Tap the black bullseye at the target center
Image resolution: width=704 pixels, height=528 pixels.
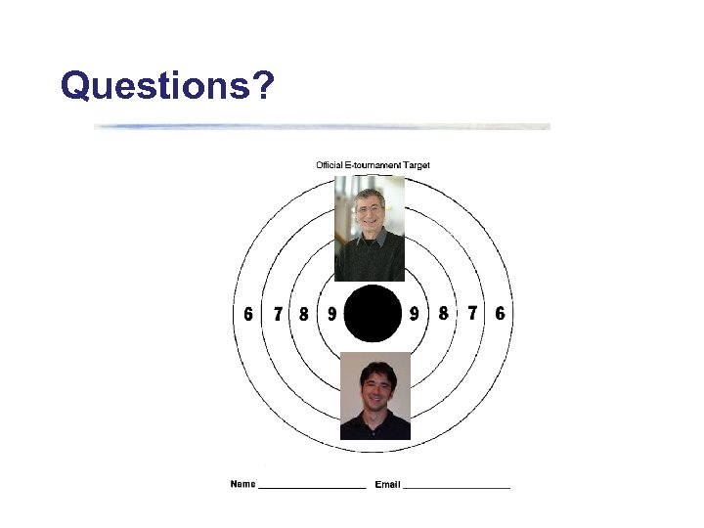(373, 314)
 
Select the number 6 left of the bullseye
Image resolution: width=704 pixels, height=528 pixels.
(248, 314)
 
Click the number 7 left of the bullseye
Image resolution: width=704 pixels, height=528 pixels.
(279, 314)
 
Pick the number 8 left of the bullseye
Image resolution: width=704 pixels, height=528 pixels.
(304, 314)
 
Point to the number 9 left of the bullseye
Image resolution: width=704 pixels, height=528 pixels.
(331, 314)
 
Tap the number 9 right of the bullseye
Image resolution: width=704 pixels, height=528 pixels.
(415, 314)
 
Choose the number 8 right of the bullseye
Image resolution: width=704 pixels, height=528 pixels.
(444, 314)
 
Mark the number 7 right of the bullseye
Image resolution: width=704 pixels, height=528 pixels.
(473, 314)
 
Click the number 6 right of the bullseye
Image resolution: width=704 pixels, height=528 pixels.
(501, 314)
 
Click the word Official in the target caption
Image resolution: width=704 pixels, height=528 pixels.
(330, 165)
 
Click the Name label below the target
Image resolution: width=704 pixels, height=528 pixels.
(242, 484)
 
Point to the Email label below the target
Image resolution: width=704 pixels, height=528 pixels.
(387, 484)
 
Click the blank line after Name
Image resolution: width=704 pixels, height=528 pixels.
(312, 487)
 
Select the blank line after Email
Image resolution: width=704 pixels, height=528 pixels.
(457, 487)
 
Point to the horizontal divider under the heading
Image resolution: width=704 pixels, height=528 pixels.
(323, 126)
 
